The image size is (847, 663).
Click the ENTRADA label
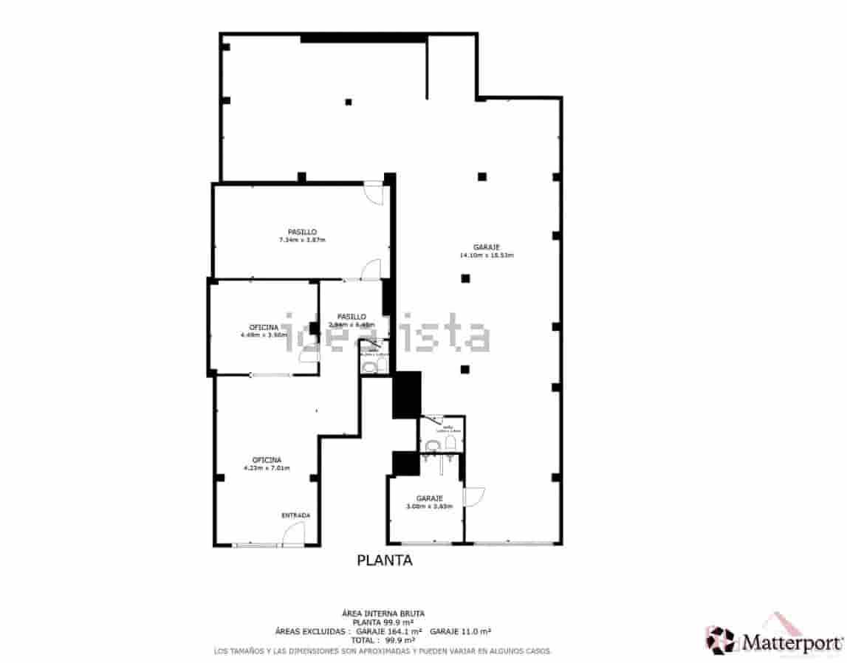[295, 515]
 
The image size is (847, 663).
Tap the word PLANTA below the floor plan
[384, 560]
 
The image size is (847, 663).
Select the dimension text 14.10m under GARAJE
[470, 255]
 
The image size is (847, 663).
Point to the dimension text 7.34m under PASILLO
[290, 240]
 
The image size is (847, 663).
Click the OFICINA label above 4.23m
[266, 459]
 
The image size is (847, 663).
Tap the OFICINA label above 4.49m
[264, 326]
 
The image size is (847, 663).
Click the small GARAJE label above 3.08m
[429, 498]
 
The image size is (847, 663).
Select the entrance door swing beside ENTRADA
[295, 533]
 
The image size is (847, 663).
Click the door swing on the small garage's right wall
[473, 496]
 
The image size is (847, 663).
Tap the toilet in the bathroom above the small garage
[450, 442]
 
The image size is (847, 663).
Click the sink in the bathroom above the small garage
[433, 444]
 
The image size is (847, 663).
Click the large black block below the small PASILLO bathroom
[406, 394]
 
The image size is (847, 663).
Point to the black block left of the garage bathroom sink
[405, 463]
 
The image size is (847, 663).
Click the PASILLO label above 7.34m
[302, 232]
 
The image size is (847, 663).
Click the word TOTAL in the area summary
[363, 641]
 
